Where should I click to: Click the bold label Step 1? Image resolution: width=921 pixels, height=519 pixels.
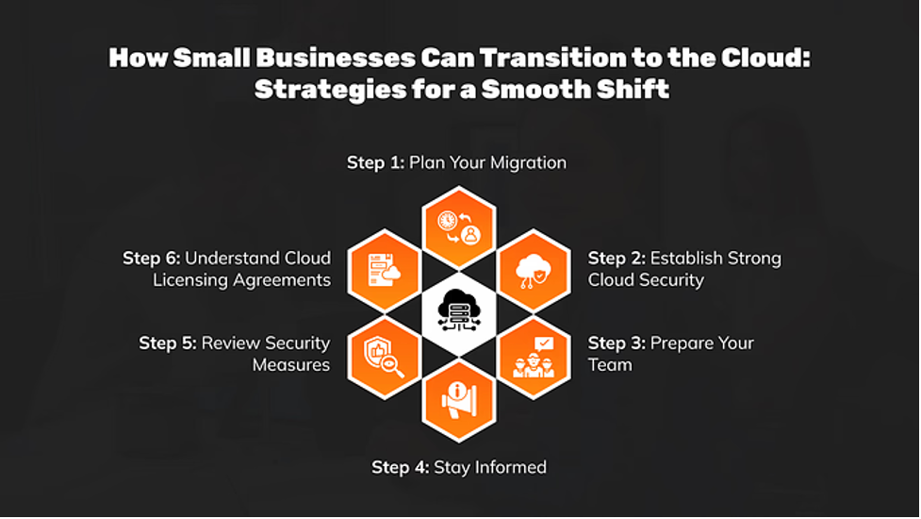[375, 162]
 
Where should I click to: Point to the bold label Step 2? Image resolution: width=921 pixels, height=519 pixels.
[617, 258]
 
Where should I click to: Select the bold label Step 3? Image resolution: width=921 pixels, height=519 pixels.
[617, 343]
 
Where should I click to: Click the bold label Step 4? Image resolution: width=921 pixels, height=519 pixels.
[400, 467]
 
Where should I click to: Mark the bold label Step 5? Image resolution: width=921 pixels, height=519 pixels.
[168, 343]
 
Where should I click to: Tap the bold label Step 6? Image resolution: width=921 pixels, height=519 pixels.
[151, 258]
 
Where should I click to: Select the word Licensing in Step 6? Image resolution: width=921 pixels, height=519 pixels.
[192, 279]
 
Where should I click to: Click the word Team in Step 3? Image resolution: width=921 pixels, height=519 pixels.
[610, 364]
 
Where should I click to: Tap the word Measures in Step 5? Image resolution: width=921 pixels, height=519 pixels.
[291, 364]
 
